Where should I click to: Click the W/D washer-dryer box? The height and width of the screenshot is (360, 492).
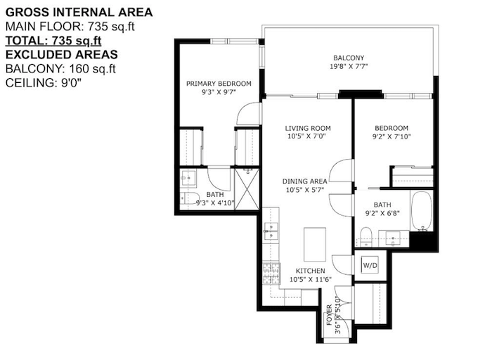[x=370, y=264]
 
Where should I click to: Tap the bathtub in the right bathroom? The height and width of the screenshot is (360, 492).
[x=422, y=211]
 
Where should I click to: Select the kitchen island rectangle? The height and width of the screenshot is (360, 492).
[x=315, y=244]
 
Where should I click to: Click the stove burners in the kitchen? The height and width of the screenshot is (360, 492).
[x=271, y=273]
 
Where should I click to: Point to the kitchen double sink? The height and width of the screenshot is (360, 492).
[x=271, y=231]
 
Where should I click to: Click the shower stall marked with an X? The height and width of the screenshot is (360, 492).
[x=247, y=189]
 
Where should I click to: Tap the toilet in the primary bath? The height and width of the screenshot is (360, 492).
[x=188, y=198]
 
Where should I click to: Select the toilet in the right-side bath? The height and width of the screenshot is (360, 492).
[x=365, y=237]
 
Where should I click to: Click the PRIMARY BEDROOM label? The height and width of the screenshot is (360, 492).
[x=219, y=84]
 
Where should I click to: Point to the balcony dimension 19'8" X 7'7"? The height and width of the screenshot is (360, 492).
[x=349, y=66]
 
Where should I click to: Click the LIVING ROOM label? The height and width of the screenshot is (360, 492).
[x=308, y=128]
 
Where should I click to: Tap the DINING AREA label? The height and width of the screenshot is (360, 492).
[x=304, y=181]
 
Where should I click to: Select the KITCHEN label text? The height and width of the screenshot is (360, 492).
[x=311, y=271]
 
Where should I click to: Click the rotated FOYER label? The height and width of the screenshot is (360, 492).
[x=329, y=315]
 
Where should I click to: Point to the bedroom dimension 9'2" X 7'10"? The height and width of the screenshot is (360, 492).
[x=391, y=136]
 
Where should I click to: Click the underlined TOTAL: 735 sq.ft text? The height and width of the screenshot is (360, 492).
[x=53, y=41]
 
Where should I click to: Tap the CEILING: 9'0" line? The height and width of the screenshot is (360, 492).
[x=44, y=83]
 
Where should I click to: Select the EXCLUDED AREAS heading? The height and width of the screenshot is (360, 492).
[x=62, y=55]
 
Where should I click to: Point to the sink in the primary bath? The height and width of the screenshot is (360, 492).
[x=188, y=178]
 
